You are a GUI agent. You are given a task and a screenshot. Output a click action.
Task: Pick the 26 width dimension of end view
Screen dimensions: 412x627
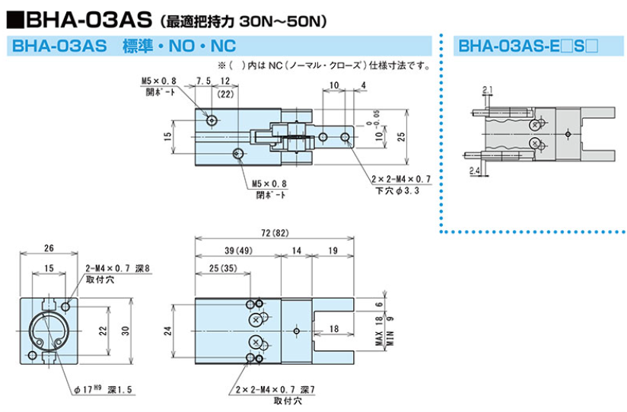(49, 247)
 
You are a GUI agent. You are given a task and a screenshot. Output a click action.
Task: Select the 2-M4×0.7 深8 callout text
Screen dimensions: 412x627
(119, 269)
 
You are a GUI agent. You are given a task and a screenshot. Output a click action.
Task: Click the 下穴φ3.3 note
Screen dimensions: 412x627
(401, 190)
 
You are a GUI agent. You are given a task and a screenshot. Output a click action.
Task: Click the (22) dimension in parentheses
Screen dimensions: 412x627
(224, 94)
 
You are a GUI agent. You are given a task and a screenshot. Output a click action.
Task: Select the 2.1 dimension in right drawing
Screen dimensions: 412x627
(487, 90)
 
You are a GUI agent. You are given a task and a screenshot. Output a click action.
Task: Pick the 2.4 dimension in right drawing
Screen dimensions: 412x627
(474, 171)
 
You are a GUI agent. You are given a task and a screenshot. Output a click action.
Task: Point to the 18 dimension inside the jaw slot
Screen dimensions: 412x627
(333, 329)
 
